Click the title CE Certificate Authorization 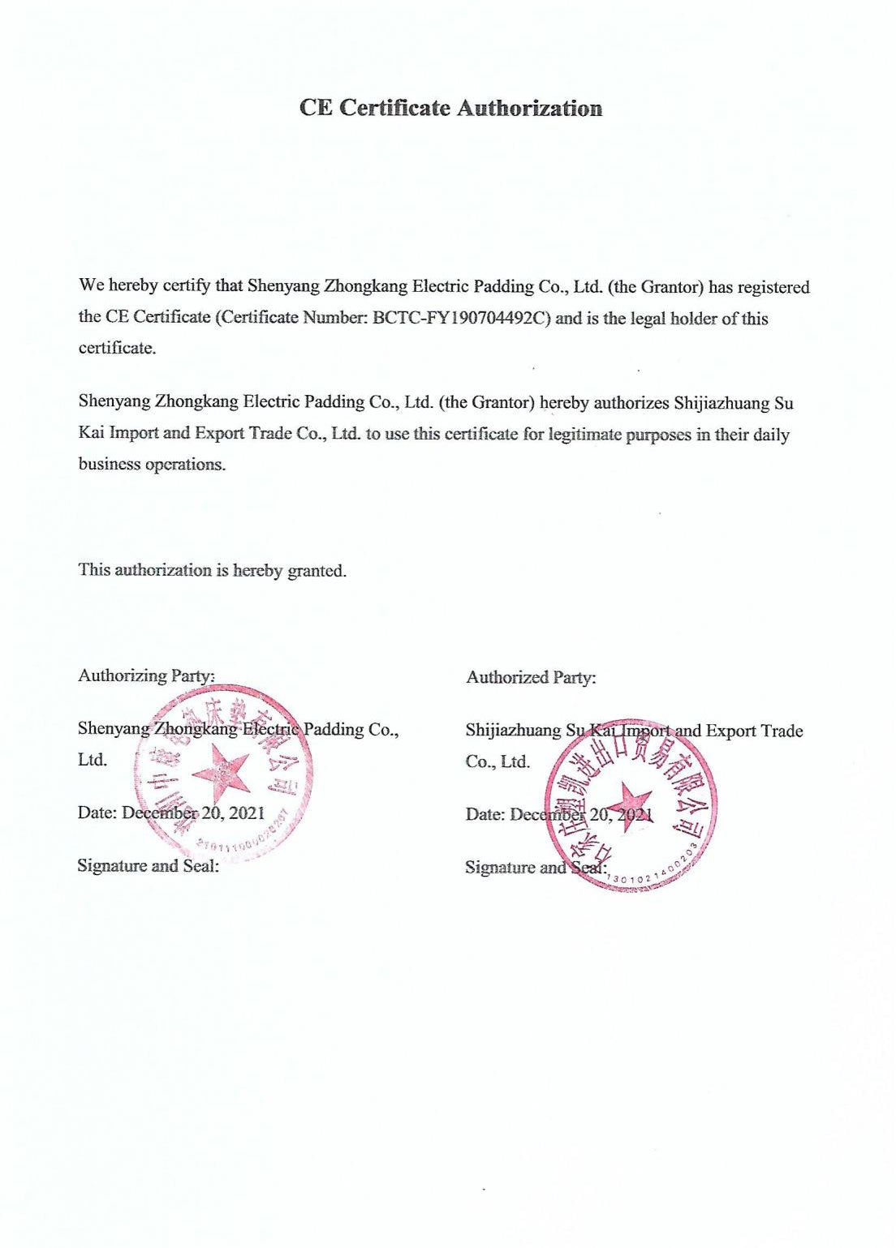(450, 108)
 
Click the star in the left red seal (221, 770)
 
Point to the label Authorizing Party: (146, 675)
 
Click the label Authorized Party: (531, 677)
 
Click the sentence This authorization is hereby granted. (213, 570)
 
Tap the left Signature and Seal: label (148, 865)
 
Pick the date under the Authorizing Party (192, 813)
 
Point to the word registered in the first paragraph (773, 287)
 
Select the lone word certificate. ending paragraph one (117, 349)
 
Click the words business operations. (152, 465)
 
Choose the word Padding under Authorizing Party (334, 729)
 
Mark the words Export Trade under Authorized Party (754, 731)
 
